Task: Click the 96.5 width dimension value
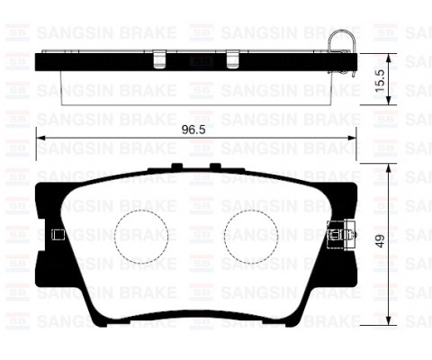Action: click(x=188, y=129)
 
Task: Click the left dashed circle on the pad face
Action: click(x=144, y=236)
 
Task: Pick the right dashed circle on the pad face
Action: click(x=249, y=236)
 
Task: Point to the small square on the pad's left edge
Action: click(x=58, y=236)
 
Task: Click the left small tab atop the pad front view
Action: click(x=175, y=166)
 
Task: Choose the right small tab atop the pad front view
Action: click(x=217, y=166)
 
